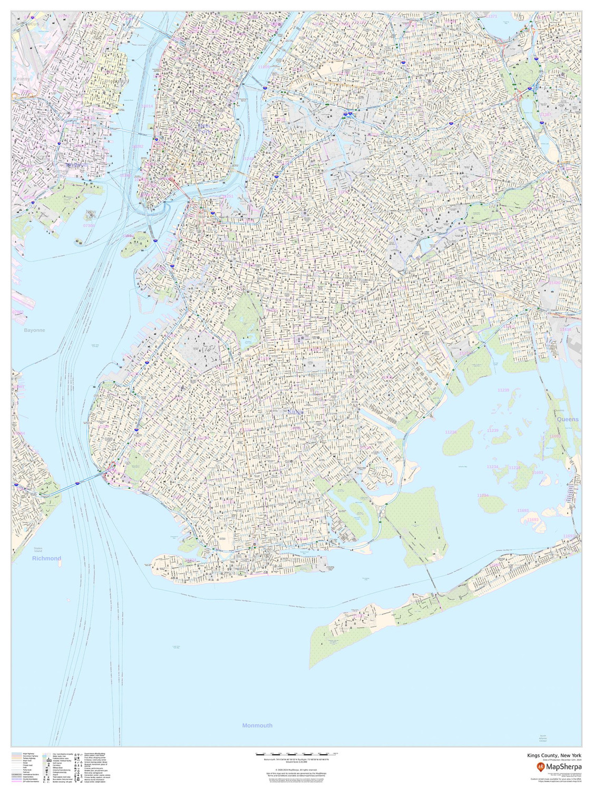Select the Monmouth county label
pyautogui.click(x=257, y=726)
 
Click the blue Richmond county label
pyautogui.click(x=46, y=558)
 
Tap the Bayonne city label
pyautogui.click(x=34, y=330)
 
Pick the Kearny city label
pyautogui.click(x=22, y=79)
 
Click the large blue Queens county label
pyautogui.click(x=568, y=419)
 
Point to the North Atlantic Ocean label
pyautogui.click(x=543, y=738)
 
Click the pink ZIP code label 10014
pyautogui.click(x=148, y=106)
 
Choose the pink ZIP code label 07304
pyautogui.click(x=89, y=226)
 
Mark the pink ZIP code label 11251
pyautogui.click(x=227, y=196)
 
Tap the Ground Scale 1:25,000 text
pyautogui.click(x=296, y=763)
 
